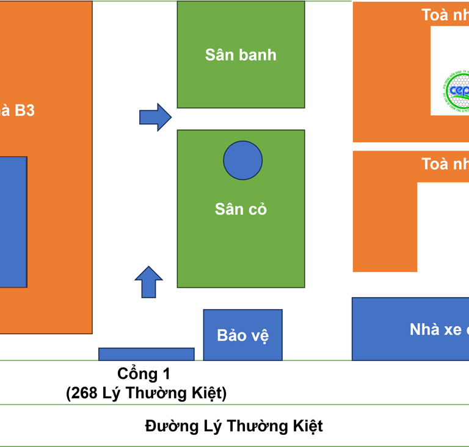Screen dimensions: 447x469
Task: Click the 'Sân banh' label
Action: pyautogui.click(x=241, y=55)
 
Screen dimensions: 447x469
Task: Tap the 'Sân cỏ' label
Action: pyautogui.click(x=241, y=209)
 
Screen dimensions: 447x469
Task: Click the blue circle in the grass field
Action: pyautogui.click(x=242, y=160)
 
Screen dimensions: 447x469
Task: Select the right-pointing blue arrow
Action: pyautogui.click(x=155, y=116)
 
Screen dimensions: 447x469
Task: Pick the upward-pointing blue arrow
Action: pyautogui.click(x=148, y=282)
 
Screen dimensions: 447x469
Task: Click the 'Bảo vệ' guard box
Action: pyautogui.click(x=242, y=335)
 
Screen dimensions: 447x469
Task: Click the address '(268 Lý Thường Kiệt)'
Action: pyautogui.click(x=147, y=393)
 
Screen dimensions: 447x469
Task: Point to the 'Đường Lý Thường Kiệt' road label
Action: pyautogui.click(x=234, y=426)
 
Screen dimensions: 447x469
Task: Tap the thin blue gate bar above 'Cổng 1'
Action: pyautogui.click(x=147, y=354)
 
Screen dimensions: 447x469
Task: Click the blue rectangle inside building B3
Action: pyautogui.click(x=13, y=221)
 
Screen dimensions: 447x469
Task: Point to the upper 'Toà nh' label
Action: pyautogui.click(x=445, y=15)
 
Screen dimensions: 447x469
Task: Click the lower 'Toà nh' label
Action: pyautogui.click(x=445, y=163)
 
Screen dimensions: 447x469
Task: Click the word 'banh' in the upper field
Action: pyautogui.click(x=257, y=55)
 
